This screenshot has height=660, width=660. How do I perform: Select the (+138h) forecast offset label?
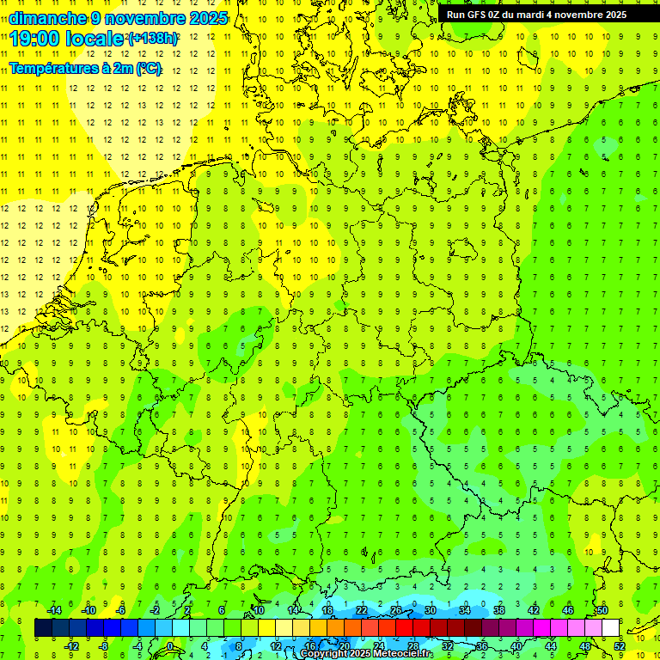(x=152, y=39)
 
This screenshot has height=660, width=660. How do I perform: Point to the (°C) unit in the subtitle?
(x=148, y=69)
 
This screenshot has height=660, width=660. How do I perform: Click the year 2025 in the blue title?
(x=208, y=18)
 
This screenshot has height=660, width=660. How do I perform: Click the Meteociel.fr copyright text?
(x=365, y=654)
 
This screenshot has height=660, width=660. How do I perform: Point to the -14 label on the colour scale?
(x=54, y=610)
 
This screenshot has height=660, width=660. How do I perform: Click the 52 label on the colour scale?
(x=620, y=646)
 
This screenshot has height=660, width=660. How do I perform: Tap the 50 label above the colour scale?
(x=602, y=610)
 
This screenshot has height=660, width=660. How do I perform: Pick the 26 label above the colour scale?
(x=396, y=610)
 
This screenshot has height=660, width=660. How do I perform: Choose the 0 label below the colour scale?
(x=170, y=646)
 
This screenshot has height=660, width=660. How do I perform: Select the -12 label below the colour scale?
(x=71, y=646)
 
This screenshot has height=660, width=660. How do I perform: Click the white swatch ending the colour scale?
(x=611, y=627)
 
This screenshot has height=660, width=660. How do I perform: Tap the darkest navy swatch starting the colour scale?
(x=43, y=627)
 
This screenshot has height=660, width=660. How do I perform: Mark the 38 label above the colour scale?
(x=499, y=610)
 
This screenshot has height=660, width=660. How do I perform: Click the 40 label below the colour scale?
(x=516, y=646)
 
